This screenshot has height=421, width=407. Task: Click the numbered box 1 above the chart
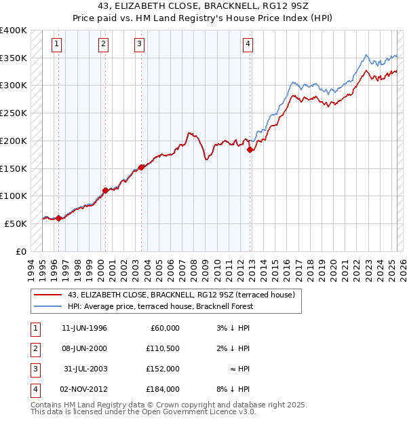tap(56, 45)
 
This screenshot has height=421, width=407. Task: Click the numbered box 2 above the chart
tap(103, 45)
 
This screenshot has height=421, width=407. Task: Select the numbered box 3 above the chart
tap(139, 45)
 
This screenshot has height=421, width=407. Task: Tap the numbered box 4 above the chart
tap(248, 45)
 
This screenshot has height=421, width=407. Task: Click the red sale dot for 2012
tap(250, 150)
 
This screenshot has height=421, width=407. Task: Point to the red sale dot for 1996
tap(59, 218)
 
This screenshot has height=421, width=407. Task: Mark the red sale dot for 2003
tap(141, 167)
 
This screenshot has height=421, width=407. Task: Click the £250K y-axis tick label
tap(14, 113)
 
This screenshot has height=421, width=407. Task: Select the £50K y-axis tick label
tap(16, 223)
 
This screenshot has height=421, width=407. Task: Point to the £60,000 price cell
tap(163, 328)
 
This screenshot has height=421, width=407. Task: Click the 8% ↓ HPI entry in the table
tap(232, 389)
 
